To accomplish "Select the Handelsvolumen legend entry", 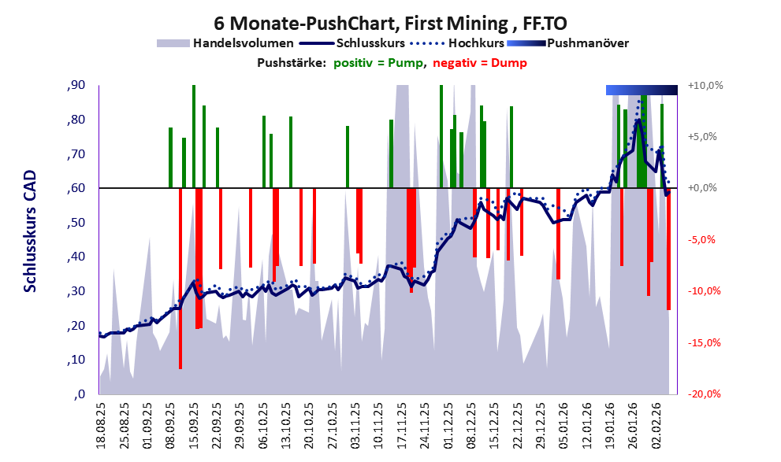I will click(x=225, y=43).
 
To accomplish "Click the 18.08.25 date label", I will click(x=101, y=425).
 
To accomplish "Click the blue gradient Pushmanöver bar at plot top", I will click(x=642, y=91).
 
